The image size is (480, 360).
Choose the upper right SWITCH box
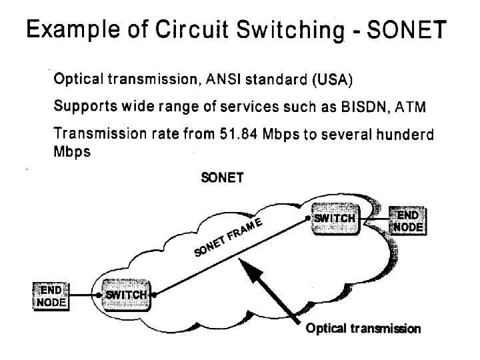pos(335,218)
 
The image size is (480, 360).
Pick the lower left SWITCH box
pos(126,295)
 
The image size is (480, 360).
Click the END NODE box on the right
pos(408,222)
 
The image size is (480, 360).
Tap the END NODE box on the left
pos(51,296)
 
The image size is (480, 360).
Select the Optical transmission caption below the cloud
pos(363,328)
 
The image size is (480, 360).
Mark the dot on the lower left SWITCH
pos(154,294)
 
